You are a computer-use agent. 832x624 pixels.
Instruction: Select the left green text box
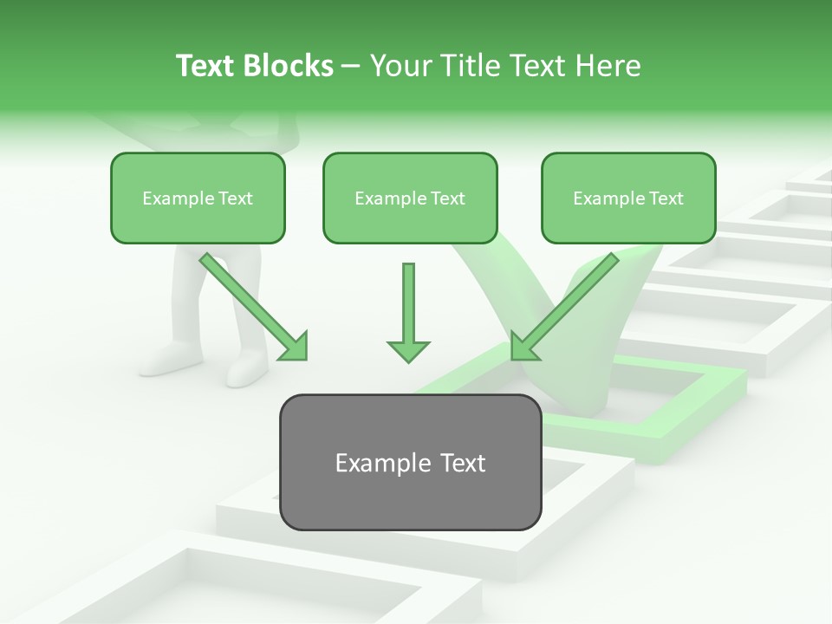pyautogui.click(x=198, y=198)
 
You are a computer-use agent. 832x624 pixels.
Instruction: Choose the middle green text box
pyautogui.click(x=410, y=198)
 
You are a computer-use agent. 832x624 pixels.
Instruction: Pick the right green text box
pyautogui.click(x=628, y=198)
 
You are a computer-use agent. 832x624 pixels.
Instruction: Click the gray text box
pyautogui.click(x=410, y=462)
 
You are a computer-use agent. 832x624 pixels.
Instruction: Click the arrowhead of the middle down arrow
pyautogui.click(x=408, y=349)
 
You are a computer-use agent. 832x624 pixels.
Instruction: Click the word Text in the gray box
pyautogui.click(x=458, y=463)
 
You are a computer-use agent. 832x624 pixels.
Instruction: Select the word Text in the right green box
pyautogui.click(x=666, y=198)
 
